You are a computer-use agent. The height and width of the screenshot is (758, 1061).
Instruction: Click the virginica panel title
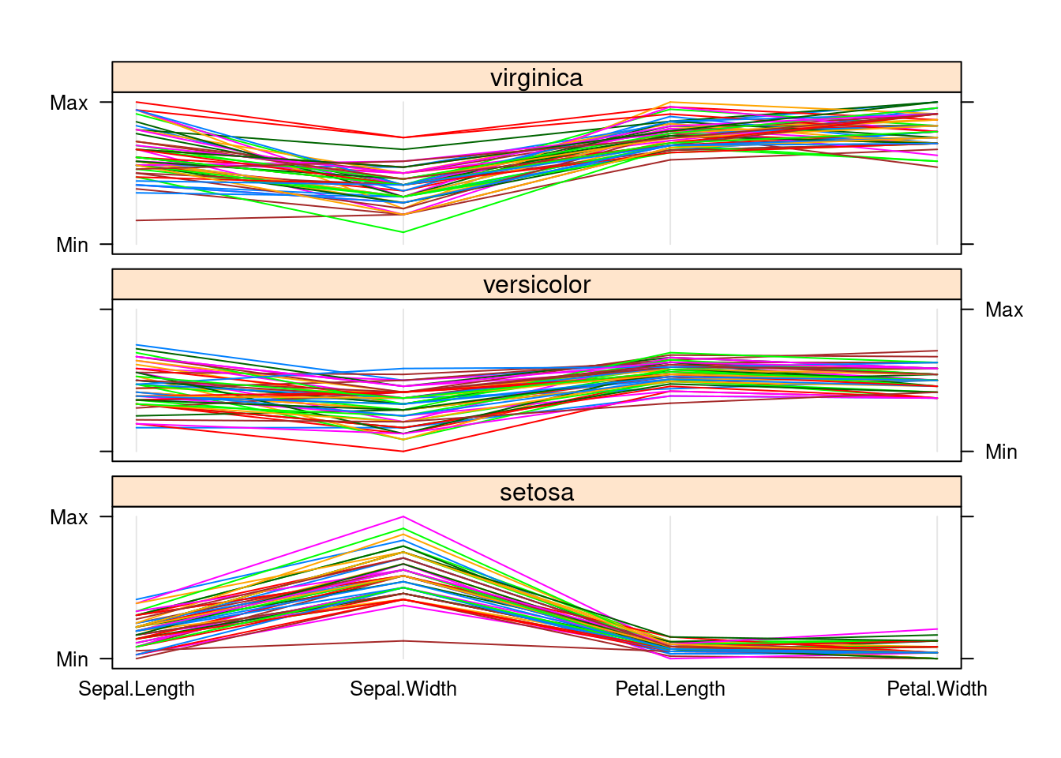pos(536,77)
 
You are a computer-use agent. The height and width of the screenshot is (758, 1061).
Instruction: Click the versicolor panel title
pos(536,284)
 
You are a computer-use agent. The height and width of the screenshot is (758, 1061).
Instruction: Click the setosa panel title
pos(536,492)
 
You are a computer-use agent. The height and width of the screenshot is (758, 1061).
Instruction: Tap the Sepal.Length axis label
pos(137,689)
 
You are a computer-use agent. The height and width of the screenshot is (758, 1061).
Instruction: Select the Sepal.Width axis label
pos(403,689)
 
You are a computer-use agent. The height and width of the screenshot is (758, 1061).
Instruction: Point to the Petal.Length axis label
pos(670,689)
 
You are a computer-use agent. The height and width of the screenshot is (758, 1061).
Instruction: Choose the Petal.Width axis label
pos(937,689)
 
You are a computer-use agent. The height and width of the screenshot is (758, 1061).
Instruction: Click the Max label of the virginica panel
pos(69,103)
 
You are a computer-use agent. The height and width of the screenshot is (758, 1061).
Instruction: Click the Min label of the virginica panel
pos(72,245)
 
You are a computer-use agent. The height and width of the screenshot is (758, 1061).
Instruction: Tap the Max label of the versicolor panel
pos(1004,310)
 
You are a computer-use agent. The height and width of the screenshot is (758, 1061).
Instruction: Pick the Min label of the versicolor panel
pos(1001,452)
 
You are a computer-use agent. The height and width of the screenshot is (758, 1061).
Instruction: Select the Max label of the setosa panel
pos(69,517)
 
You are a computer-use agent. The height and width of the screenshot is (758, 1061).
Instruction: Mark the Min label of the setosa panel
pos(72,659)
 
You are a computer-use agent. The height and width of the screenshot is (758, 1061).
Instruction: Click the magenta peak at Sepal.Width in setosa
pos(403,517)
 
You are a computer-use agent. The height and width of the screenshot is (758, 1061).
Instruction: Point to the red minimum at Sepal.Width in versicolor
pos(403,451)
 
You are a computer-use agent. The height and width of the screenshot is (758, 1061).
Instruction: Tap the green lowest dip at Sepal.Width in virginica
pos(403,232)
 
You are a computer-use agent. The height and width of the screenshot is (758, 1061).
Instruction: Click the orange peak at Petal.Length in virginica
pos(670,103)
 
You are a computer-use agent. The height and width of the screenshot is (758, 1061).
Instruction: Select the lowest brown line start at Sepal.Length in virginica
pos(137,220)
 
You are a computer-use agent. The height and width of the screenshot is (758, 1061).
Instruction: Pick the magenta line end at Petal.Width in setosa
pos(937,629)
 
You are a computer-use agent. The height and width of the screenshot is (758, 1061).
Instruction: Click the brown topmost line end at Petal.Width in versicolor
pos(937,351)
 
